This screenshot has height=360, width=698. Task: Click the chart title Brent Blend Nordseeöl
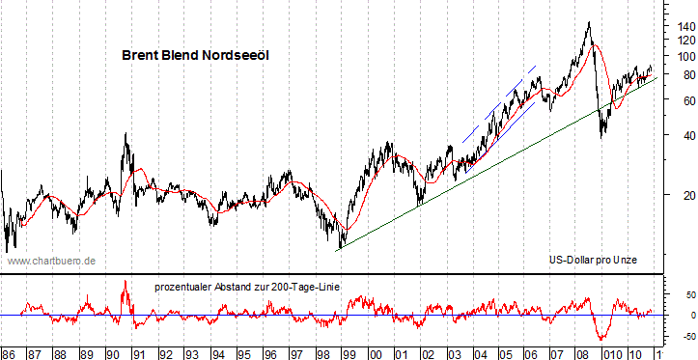(195, 56)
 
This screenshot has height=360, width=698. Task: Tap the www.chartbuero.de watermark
(51, 261)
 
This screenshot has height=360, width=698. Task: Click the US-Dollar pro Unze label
(589, 261)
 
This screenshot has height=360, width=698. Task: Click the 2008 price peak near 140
(588, 23)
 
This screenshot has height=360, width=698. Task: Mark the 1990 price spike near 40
(126, 135)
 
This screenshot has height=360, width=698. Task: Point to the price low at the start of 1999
(339, 248)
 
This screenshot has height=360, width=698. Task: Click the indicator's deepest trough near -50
(602, 339)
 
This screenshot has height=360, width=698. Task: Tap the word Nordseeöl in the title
(236, 56)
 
